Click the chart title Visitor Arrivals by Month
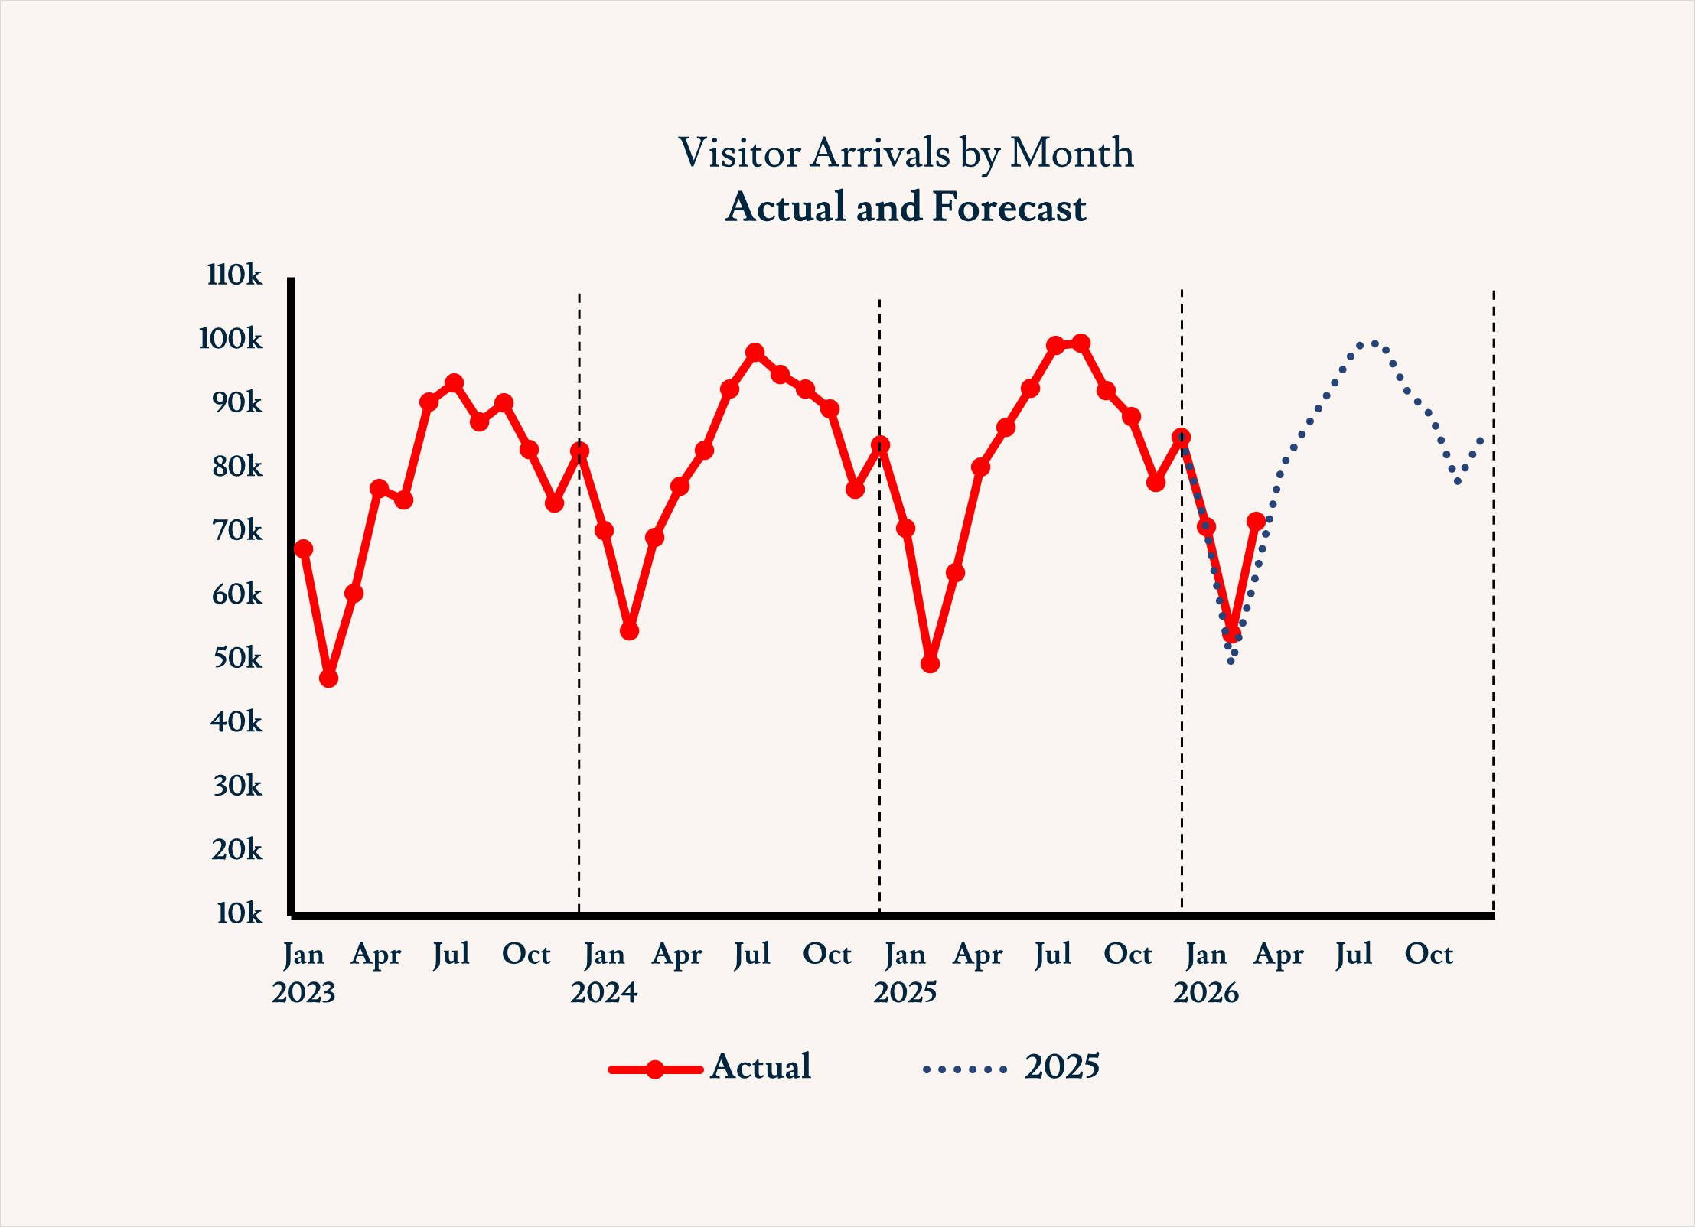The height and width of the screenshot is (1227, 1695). (x=906, y=153)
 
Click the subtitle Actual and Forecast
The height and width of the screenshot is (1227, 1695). (x=906, y=207)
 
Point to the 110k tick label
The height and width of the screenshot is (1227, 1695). (x=234, y=275)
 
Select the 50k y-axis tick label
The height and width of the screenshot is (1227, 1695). (x=237, y=658)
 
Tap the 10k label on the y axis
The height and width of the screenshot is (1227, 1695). (x=239, y=913)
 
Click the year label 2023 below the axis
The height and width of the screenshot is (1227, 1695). (x=304, y=993)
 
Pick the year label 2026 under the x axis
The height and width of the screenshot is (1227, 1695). (x=1206, y=993)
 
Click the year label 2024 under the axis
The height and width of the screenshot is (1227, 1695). (x=604, y=993)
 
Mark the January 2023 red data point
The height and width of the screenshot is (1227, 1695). (x=303, y=548)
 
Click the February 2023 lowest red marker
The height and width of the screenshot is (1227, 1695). (x=328, y=679)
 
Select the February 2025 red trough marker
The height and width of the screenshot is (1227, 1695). (x=930, y=664)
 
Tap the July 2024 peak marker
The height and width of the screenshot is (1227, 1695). (x=755, y=353)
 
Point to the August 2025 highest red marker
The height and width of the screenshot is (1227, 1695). (x=1081, y=343)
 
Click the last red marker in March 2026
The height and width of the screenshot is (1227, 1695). (x=1256, y=521)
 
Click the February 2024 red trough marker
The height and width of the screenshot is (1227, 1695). (x=629, y=631)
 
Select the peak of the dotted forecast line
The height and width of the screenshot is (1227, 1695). (x=1374, y=343)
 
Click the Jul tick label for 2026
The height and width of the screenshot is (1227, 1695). (x=1354, y=955)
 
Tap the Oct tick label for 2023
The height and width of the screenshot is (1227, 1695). (x=526, y=955)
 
